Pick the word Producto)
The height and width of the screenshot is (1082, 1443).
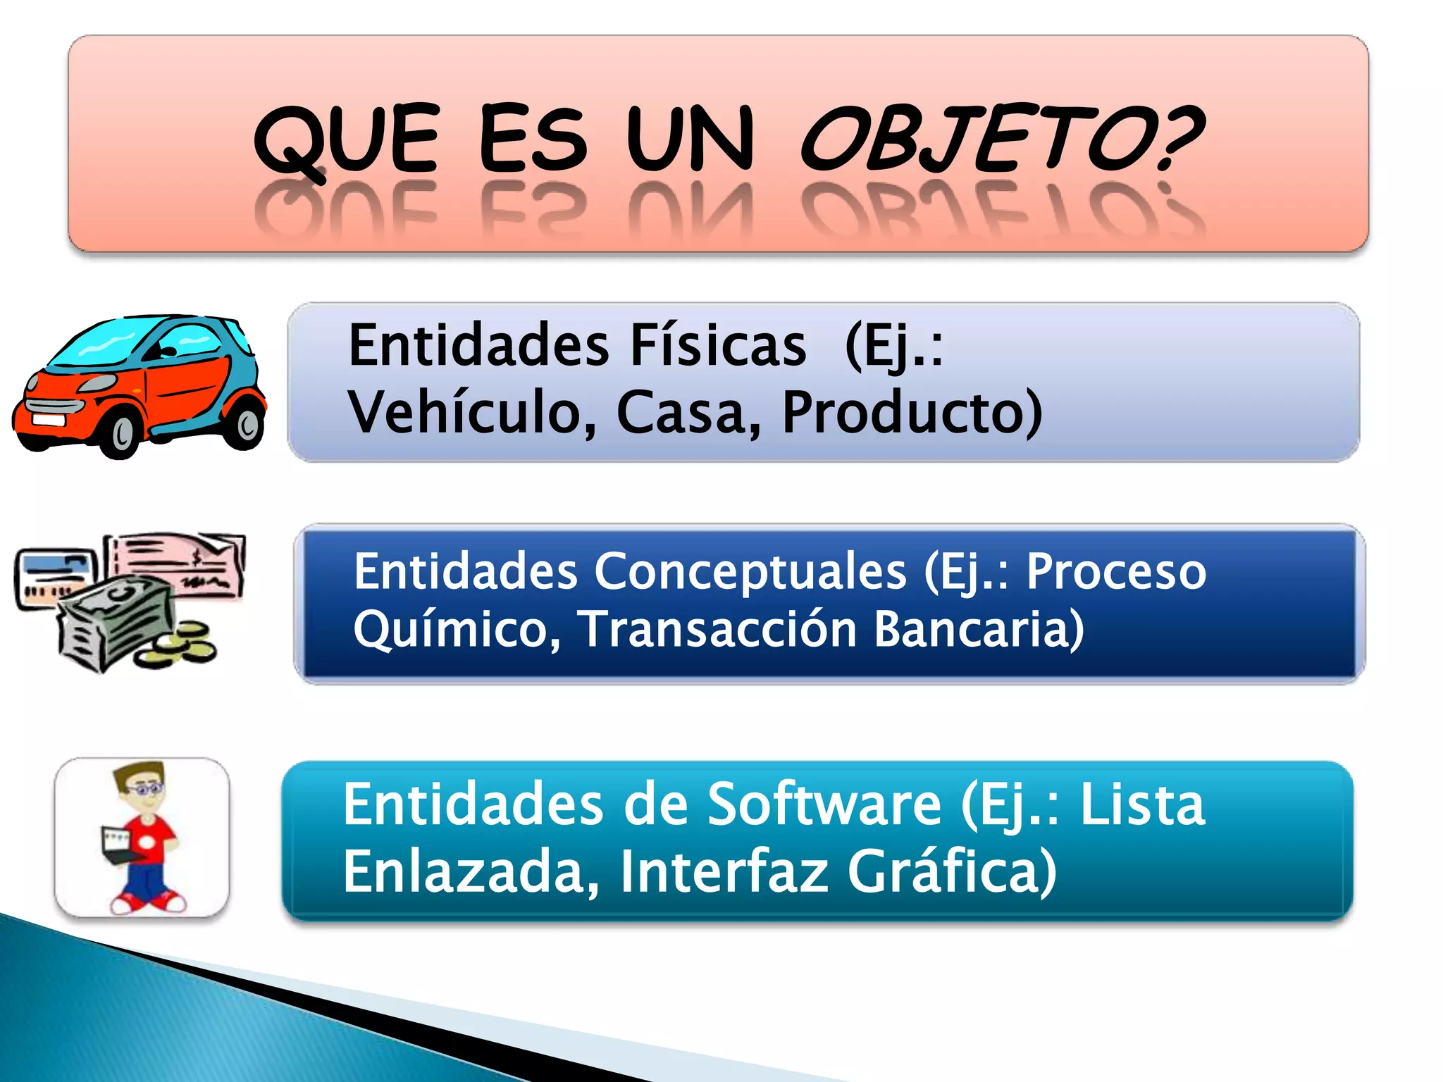tap(912, 412)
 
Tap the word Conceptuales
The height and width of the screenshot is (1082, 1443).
tap(750, 572)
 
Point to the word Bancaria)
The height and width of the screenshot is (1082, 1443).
tap(979, 628)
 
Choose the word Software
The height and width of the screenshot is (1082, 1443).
tap(824, 804)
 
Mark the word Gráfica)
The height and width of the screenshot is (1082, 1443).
tap(951, 871)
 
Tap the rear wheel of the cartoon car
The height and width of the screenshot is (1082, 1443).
tap(246, 423)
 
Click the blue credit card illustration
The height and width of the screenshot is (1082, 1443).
tap(53, 574)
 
